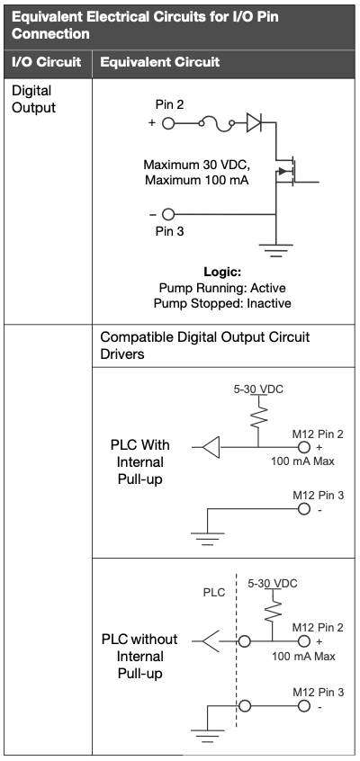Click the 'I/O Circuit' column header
pyautogui.click(x=46, y=62)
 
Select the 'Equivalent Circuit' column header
pyautogui.click(x=160, y=62)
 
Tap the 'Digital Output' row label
pyautogui.click(x=33, y=99)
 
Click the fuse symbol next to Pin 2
pyautogui.click(x=217, y=124)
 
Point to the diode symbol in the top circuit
pyautogui.click(x=254, y=123)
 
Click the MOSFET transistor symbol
pyautogui.click(x=286, y=171)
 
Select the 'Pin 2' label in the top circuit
pyautogui.click(x=169, y=105)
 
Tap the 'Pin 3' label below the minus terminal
pyautogui.click(x=169, y=231)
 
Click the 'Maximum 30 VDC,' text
pyautogui.click(x=197, y=165)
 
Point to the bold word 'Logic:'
pyautogui.click(x=222, y=272)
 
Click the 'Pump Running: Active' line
pyautogui.click(x=222, y=288)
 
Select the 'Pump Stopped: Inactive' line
pyautogui.click(x=222, y=304)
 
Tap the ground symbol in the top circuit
pyautogui.click(x=275, y=250)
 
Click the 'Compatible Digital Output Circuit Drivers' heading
pyautogui.click(x=205, y=345)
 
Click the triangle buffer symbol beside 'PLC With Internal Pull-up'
pyautogui.click(x=211, y=447)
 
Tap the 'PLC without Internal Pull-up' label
pyautogui.click(x=139, y=656)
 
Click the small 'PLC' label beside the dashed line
pyautogui.click(x=214, y=593)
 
